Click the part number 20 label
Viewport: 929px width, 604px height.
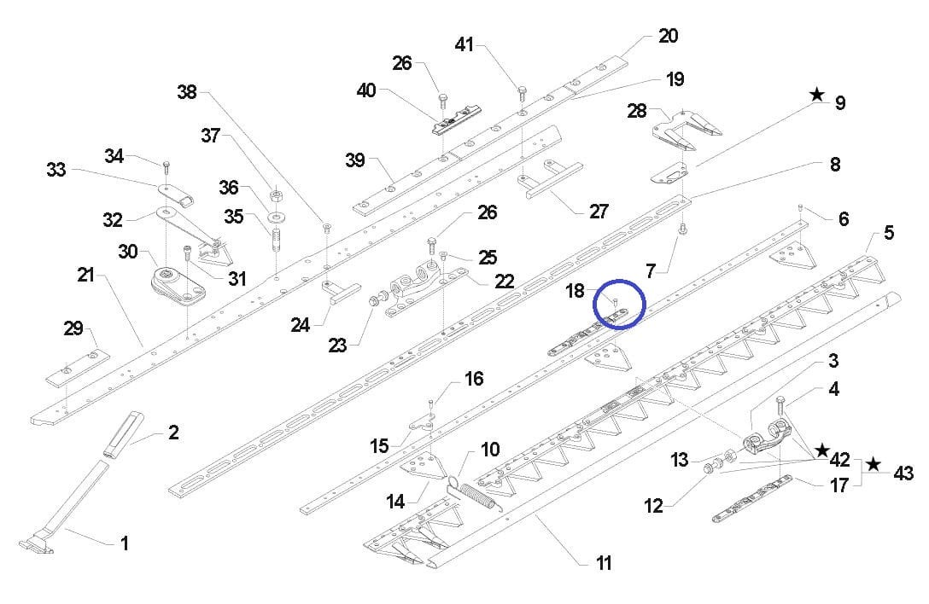668,36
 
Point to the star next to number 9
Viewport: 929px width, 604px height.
817,95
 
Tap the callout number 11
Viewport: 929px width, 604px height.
604,563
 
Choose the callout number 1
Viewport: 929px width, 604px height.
125,543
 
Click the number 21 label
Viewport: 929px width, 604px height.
85,275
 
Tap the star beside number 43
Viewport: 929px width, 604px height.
873,464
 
